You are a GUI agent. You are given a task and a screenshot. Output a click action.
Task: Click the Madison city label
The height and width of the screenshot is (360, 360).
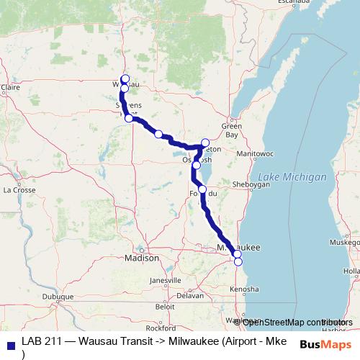[x=142, y=258]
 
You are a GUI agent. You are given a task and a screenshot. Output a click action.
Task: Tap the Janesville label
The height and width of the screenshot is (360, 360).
[x=166, y=279]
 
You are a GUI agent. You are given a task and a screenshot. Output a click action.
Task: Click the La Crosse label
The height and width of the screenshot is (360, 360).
[x=19, y=190]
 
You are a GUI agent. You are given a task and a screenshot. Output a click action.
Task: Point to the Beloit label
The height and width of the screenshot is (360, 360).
[x=165, y=305]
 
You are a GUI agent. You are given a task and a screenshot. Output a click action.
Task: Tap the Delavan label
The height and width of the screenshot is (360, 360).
[x=191, y=295]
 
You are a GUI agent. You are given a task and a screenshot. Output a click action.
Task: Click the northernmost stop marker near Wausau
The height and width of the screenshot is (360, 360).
[x=125, y=78]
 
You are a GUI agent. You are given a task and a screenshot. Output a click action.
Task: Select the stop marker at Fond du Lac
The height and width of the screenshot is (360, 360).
[x=202, y=189]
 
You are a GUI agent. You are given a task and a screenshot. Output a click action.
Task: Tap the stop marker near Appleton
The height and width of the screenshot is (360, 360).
[x=205, y=143]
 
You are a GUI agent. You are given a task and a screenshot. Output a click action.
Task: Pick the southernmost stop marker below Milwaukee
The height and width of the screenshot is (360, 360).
[x=238, y=261]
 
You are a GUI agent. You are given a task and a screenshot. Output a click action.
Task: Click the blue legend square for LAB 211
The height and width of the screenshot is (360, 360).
[x=11, y=342]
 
